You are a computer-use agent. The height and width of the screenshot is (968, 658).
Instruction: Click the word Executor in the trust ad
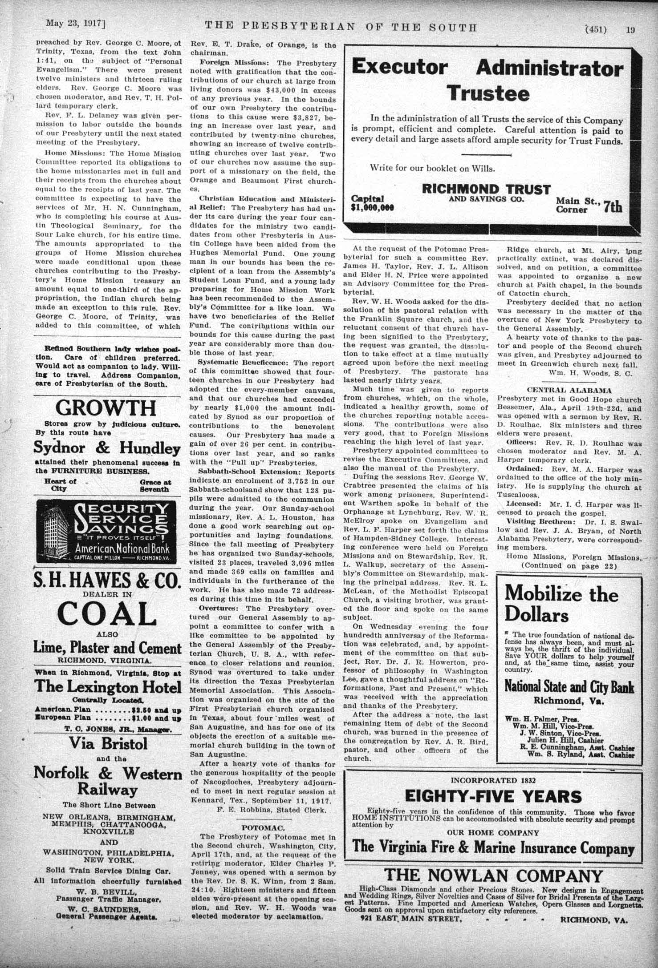coord(399,68)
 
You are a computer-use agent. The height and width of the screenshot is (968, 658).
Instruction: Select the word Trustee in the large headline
coord(488,93)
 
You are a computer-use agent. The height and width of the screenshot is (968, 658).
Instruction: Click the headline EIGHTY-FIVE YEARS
coord(493,796)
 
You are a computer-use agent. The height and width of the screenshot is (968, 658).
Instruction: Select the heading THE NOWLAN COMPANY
coord(493,875)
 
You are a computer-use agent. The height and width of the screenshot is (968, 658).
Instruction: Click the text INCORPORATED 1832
coord(493,780)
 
